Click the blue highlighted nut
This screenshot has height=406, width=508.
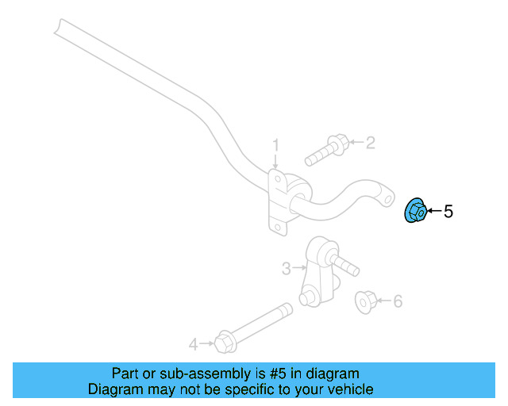[x=416, y=211]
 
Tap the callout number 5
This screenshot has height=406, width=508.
[x=448, y=212]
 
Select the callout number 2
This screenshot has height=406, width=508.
[x=371, y=143]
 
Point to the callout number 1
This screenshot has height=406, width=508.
[x=275, y=145]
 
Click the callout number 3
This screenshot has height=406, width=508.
[x=286, y=268]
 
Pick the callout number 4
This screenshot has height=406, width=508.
[x=194, y=344]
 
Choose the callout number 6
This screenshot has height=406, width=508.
[x=398, y=301]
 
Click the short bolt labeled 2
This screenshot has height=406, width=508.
[x=327, y=150]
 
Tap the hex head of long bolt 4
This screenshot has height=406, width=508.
[x=225, y=342]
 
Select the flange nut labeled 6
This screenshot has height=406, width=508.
[x=366, y=302]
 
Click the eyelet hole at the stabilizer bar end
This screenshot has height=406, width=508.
[x=387, y=199]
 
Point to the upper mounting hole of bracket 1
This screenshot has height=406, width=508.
[x=278, y=179]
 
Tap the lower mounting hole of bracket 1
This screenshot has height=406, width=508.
[x=278, y=227]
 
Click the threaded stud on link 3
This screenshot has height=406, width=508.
[x=346, y=266]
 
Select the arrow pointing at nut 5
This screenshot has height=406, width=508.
[x=434, y=211]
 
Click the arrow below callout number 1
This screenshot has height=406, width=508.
[x=275, y=161]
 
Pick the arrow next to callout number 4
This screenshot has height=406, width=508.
[x=207, y=343]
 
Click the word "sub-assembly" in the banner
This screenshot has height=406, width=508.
[x=205, y=373]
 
